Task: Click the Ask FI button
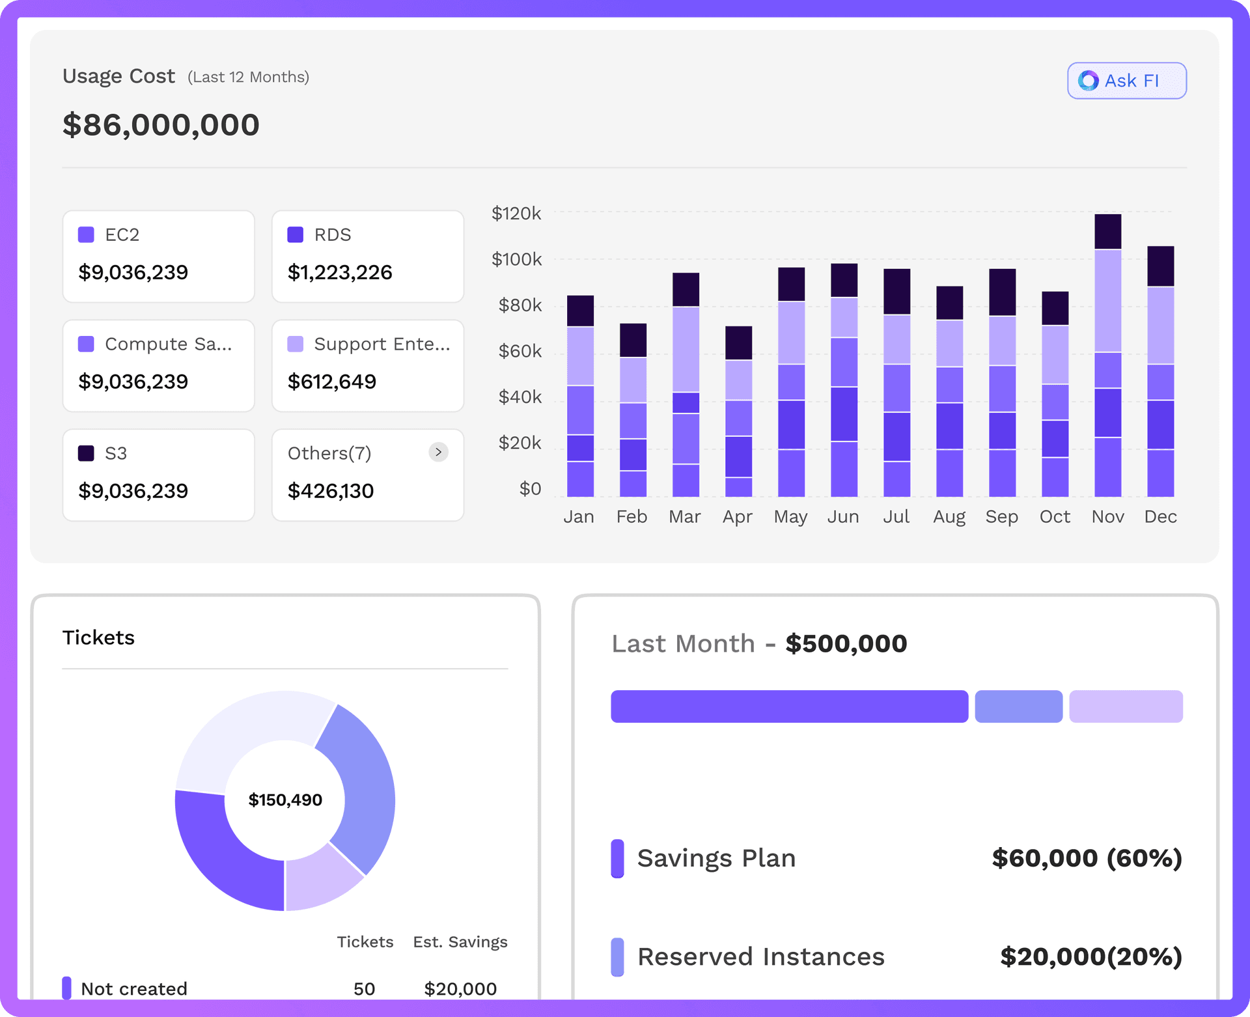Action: (1126, 81)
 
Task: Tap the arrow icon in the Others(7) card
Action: (439, 452)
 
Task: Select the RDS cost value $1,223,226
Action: (340, 272)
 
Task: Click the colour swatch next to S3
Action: (86, 453)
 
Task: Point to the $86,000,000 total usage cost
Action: (161, 125)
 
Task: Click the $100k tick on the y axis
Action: (516, 259)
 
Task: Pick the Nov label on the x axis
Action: (1107, 516)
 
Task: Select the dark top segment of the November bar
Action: (1107, 231)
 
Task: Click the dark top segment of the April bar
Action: (738, 342)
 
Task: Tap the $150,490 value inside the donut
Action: (285, 800)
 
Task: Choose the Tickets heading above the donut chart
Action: (98, 637)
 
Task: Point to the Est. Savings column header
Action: (460, 942)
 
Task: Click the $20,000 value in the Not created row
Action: (460, 989)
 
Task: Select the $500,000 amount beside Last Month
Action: (846, 643)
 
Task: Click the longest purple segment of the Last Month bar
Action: (789, 706)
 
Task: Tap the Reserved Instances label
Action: (760, 956)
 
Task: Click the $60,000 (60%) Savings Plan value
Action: (1086, 858)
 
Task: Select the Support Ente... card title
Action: (382, 344)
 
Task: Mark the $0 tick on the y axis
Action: (530, 488)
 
